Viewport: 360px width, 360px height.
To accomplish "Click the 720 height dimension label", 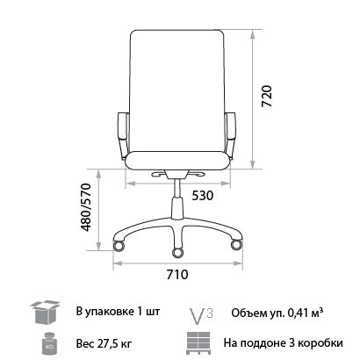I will [268, 96].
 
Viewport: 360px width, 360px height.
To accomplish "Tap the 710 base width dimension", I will [179, 273].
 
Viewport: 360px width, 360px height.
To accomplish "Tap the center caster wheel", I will [179, 253].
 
